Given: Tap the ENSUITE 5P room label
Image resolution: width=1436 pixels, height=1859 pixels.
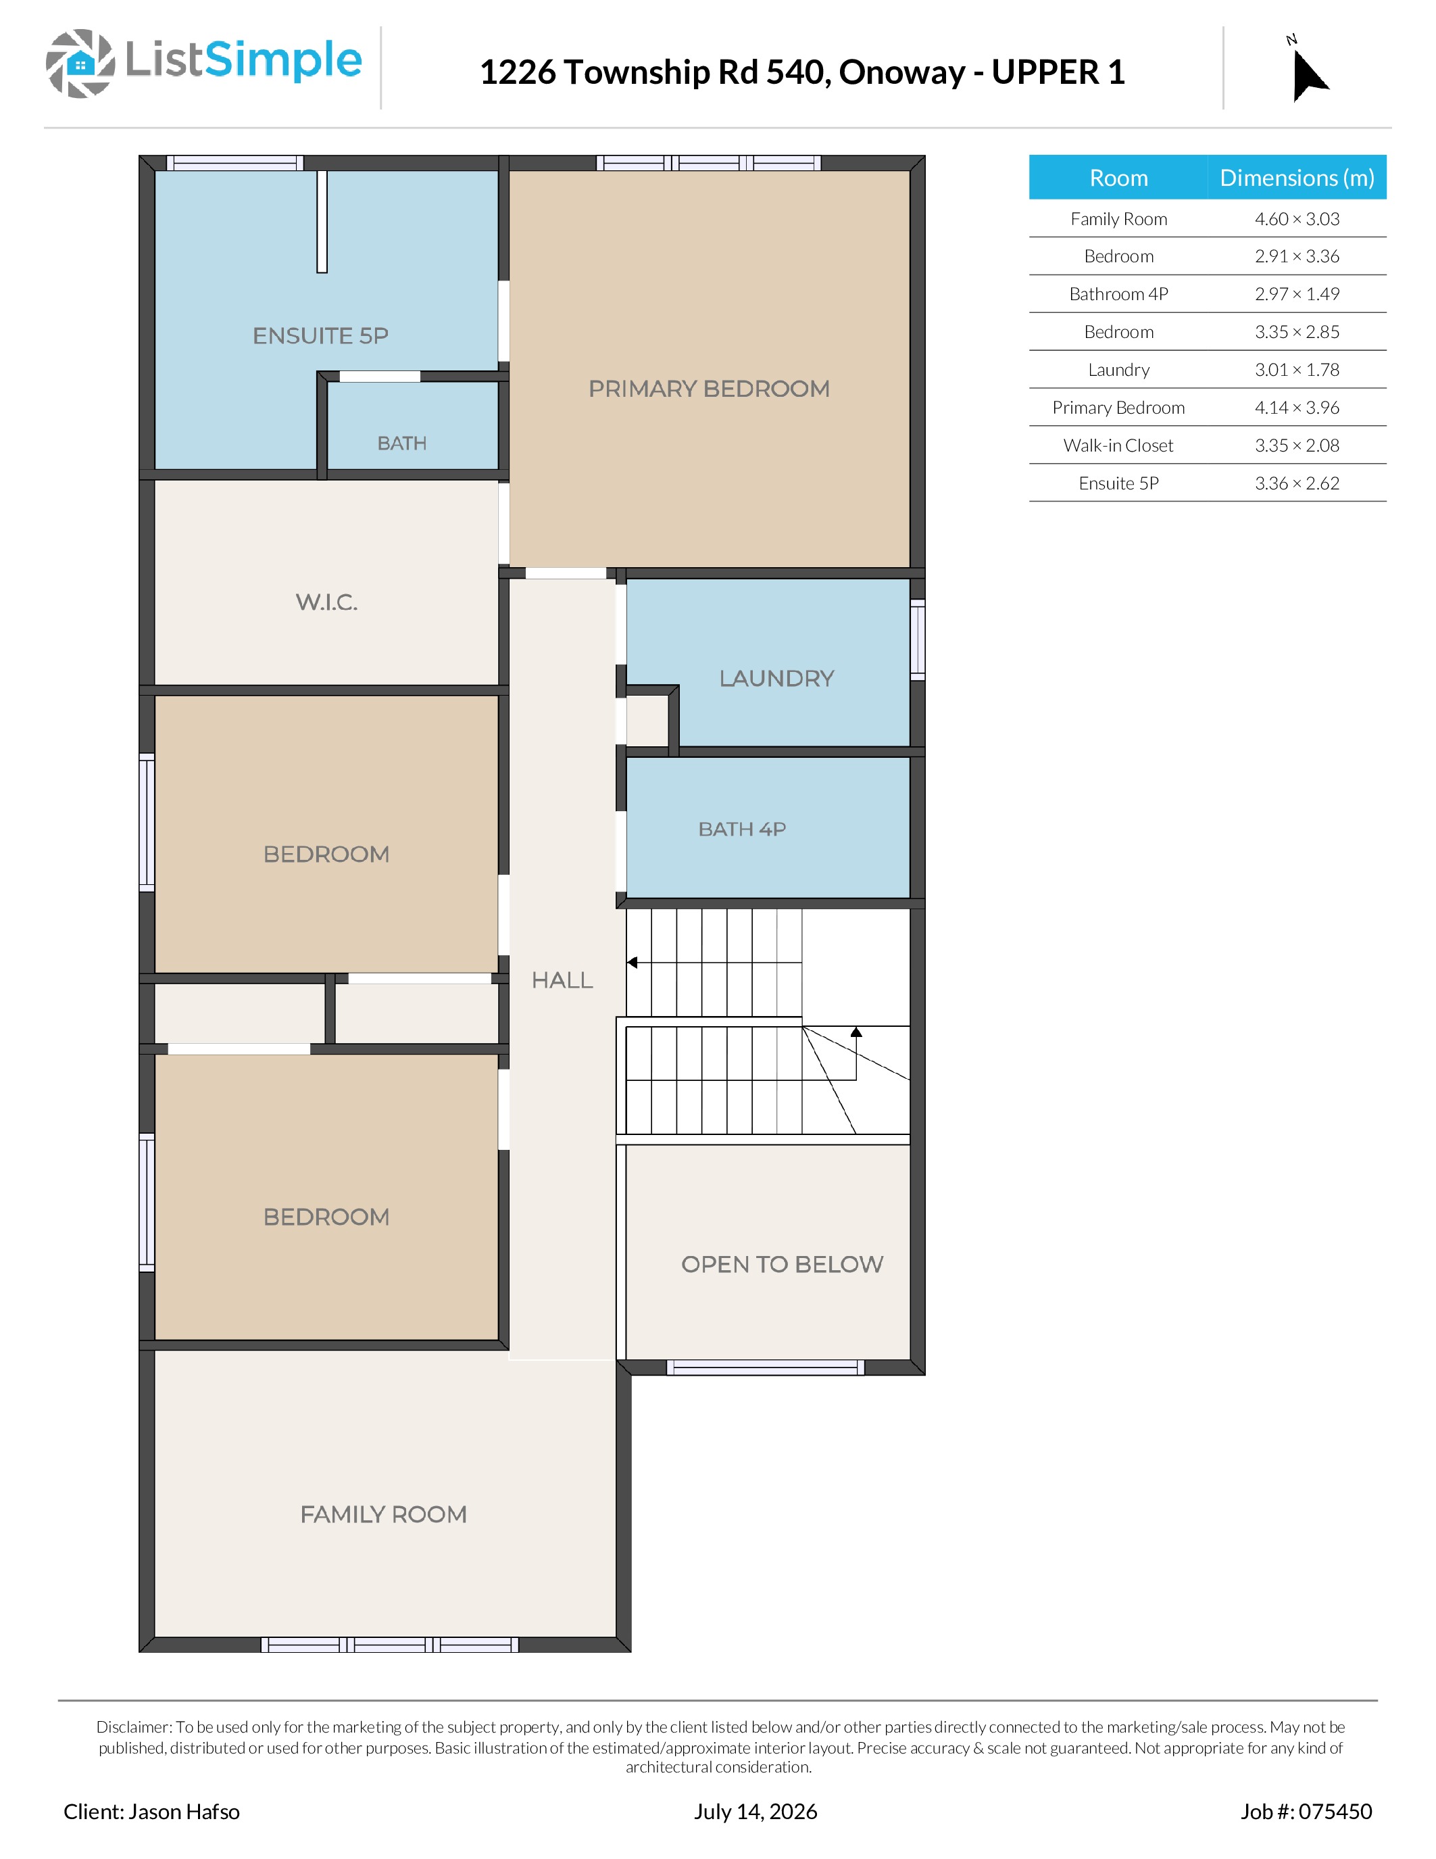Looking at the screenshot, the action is pos(321,335).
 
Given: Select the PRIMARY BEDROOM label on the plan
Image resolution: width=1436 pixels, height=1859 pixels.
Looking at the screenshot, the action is pos(709,389).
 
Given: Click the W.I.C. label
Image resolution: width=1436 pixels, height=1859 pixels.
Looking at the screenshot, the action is pos(326,602).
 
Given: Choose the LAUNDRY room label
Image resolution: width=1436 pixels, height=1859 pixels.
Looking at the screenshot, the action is pos(776,679).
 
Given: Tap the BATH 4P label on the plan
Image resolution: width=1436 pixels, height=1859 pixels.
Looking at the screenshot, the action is pos(742,829).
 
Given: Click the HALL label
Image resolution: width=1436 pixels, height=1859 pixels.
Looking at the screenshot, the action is pos(562,981).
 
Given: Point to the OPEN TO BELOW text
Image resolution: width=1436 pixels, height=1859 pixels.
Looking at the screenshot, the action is pos(783,1264).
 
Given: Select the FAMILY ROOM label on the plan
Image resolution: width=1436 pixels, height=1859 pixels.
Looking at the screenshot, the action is pos(384,1514).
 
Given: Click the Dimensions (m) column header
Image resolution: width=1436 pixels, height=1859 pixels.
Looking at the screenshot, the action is pos(1297,178).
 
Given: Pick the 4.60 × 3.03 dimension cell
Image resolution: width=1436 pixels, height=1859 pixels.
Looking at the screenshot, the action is pos(1297,219).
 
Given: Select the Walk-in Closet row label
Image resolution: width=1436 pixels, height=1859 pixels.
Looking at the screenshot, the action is pos(1118,445).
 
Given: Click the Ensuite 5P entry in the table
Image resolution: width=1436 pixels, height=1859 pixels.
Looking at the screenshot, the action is pos(1118,483).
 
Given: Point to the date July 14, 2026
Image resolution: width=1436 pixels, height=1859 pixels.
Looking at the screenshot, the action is pos(756,1811).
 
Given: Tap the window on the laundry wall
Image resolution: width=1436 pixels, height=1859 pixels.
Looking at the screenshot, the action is pos(918,639).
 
